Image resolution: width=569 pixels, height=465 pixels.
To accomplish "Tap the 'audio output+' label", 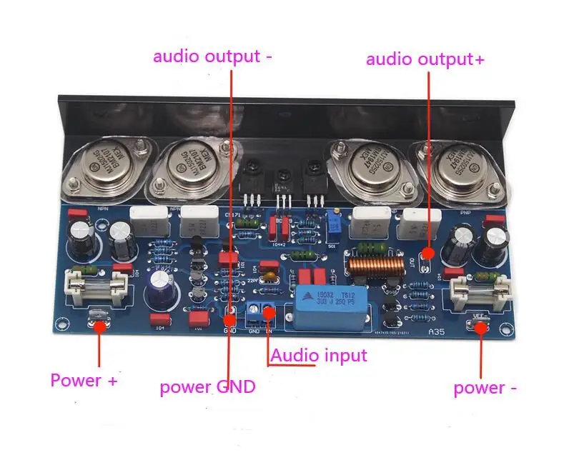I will [425, 59].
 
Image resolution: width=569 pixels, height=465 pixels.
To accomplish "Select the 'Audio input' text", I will [318, 355].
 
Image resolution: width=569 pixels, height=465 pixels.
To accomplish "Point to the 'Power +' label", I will [84, 380].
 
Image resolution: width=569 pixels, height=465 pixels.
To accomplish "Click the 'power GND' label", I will [207, 387].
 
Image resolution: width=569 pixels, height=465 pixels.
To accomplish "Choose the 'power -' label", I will [485, 388].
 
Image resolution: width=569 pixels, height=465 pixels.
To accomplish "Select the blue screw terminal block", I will [260, 311].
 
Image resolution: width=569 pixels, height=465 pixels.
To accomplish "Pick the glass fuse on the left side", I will [97, 285].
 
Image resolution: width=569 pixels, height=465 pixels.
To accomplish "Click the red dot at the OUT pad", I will [428, 253].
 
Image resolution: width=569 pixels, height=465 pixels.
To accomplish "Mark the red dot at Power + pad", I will [99, 326].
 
